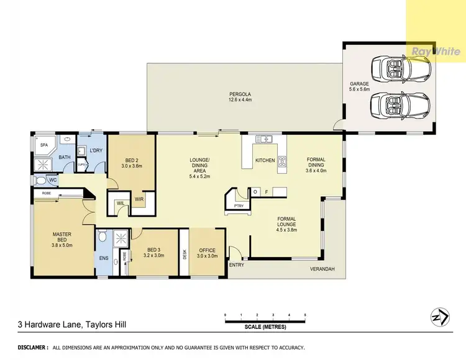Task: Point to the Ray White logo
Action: pyautogui.click(x=436, y=52)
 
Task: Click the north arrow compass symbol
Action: pyautogui.click(x=439, y=318)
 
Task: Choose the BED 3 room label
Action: pyautogui.click(x=153, y=251)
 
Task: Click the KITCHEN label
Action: pyautogui.click(x=265, y=161)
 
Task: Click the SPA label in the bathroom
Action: pyautogui.click(x=44, y=145)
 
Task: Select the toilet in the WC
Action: pyautogui.click(x=41, y=181)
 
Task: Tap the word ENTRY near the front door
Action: pyautogui.click(x=237, y=265)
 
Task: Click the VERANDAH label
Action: pyautogui.click(x=322, y=269)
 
